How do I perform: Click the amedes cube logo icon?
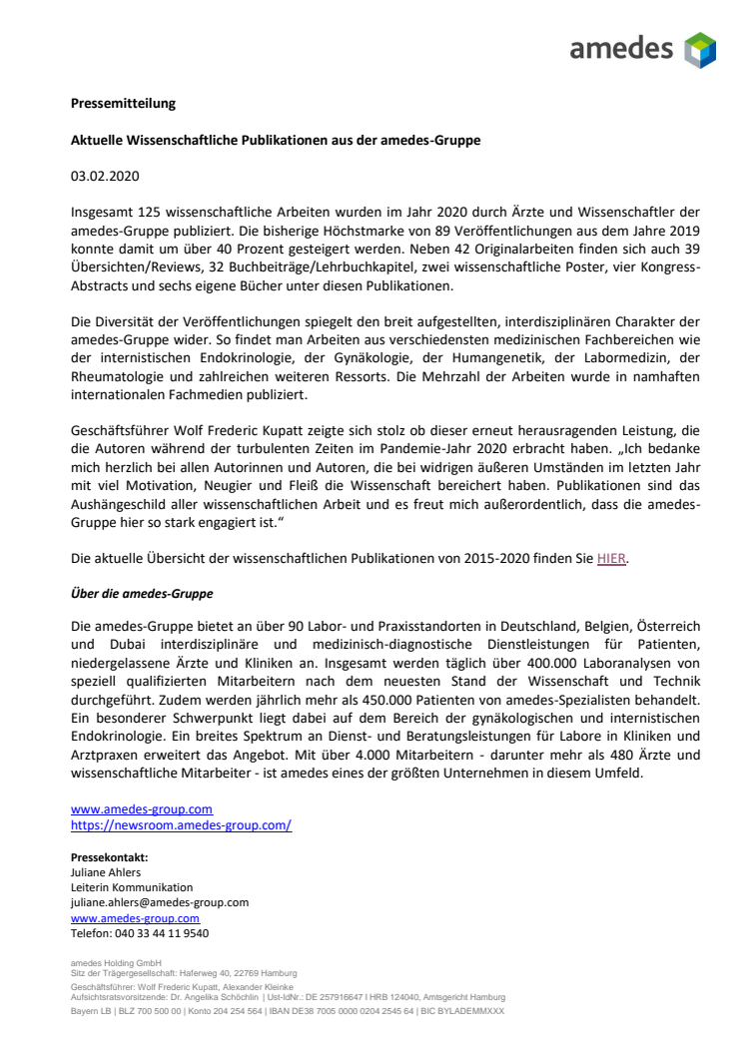pos(699,49)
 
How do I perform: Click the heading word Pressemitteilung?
pos(123,103)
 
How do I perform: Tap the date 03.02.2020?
pos(105,177)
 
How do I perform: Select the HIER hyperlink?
pos(612,559)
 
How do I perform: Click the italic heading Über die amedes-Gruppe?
pos(142,593)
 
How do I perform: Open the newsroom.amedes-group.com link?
pos(181,825)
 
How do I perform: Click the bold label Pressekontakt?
pos(109,857)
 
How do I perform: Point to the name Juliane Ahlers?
pos(105,872)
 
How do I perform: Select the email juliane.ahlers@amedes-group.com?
pos(160,902)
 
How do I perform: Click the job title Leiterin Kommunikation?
pos(132,887)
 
